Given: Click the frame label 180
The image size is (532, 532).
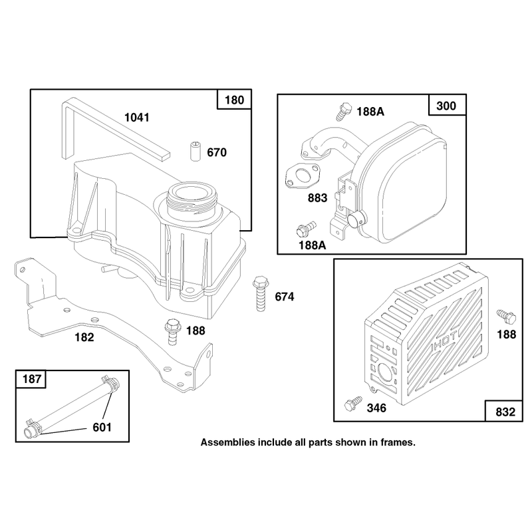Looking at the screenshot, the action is pos(235,100).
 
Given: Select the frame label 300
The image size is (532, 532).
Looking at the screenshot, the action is pos(446,106).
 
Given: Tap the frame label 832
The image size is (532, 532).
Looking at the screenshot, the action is pos(505,412).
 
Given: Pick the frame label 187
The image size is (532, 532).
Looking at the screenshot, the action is pos(32,378).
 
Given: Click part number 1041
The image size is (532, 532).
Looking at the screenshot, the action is pos(137,118).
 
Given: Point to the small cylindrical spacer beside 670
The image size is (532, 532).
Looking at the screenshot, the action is pos(195,152).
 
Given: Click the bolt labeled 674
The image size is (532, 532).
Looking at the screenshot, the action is pos(261,294).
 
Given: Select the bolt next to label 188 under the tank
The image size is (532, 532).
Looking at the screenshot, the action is pos(172,331).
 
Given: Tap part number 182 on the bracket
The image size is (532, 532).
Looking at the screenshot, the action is pos(84,337).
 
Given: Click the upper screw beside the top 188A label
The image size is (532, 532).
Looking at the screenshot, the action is pos(343,112).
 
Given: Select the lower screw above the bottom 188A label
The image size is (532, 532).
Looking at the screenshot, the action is pos(306,228).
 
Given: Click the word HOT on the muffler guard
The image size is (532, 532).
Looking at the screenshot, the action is pos(444,342).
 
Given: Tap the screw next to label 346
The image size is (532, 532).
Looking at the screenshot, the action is pos(353,403).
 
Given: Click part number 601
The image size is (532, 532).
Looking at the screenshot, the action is pos(102,428).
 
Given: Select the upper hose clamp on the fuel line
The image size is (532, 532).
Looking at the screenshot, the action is pos(110,384).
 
